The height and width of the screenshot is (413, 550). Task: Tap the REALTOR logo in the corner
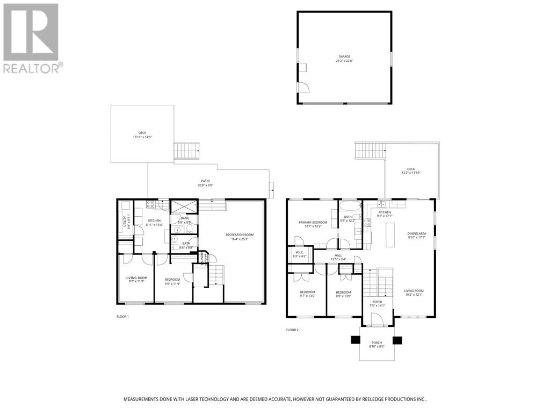pyautogui.click(x=32, y=38)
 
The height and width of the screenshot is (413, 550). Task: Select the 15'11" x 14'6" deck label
pyautogui.click(x=142, y=134)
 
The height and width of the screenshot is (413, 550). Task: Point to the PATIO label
pyautogui.click(x=206, y=183)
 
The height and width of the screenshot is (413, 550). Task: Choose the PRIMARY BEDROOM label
pyautogui.click(x=310, y=224)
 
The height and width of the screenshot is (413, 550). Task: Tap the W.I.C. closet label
pyautogui.click(x=297, y=254)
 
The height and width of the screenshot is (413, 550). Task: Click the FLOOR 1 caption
pyautogui.click(x=122, y=317)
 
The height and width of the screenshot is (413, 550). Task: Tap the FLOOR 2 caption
pyautogui.click(x=292, y=330)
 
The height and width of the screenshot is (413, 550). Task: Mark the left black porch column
pyautogui.click(x=356, y=340)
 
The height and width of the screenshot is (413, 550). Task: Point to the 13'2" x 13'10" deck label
pyautogui.click(x=411, y=170)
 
